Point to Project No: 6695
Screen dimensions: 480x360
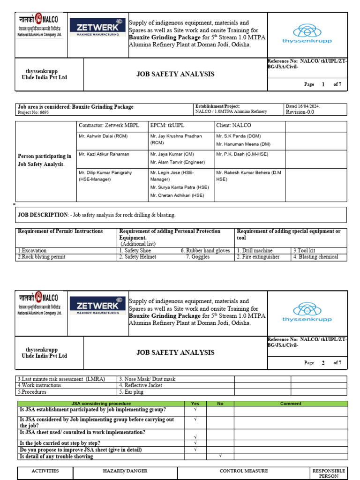coord(33,112)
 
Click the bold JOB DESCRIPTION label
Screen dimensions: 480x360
coord(43,215)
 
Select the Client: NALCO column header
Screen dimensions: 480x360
coord(233,126)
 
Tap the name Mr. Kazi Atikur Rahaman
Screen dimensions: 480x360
coord(104,154)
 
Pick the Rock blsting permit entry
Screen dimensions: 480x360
coord(42,257)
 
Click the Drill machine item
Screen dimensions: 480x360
coord(256,251)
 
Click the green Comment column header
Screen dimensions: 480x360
coord(291,404)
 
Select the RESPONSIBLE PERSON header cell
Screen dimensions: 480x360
coord(329,473)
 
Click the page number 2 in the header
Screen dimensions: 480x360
coord(323,363)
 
